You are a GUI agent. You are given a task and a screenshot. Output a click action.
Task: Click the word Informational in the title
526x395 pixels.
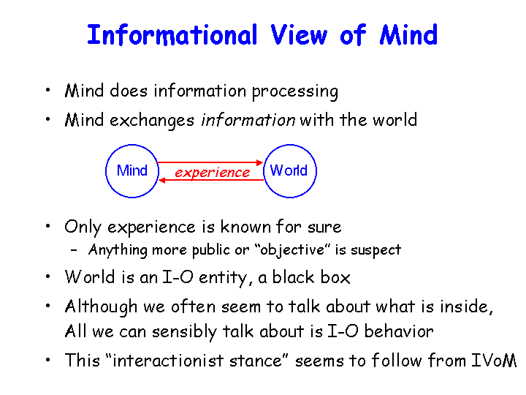click(x=172, y=34)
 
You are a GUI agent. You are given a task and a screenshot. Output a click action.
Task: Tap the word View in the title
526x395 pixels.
click(x=299, y=34)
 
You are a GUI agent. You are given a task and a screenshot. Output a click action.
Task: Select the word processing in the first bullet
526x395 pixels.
click(x=295, y=91)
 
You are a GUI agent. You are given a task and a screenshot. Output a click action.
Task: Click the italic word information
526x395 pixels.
click(x=248, y=120)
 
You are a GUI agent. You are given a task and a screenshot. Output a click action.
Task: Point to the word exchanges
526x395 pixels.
click(x=152, y=121)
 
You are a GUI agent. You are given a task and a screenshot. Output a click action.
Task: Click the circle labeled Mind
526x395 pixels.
click(x=106, y=171)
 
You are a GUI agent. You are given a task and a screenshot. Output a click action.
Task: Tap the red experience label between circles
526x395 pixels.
click(x=213, y=173)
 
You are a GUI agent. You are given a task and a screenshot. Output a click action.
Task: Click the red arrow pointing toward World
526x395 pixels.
click(x=210, y=162)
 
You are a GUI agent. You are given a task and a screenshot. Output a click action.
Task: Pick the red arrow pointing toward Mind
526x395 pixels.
click(x=211, y=181)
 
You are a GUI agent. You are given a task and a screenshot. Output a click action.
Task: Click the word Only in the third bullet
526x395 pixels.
click(x=83, y=227)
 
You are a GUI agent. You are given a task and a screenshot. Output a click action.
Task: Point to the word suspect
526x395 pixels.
click(x=376, y=251)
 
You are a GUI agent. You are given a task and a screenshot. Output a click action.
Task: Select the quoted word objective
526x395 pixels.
click(x=292, y=250)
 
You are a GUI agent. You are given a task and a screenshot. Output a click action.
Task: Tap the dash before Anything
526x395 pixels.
click(x=74, y=250)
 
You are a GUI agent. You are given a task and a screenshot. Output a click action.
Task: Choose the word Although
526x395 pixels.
click(x=101, y=307)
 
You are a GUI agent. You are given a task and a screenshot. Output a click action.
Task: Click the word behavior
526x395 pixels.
click(x=399, y=331)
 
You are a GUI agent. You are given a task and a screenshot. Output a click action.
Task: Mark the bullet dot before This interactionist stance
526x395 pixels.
click(x=48, y=360)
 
